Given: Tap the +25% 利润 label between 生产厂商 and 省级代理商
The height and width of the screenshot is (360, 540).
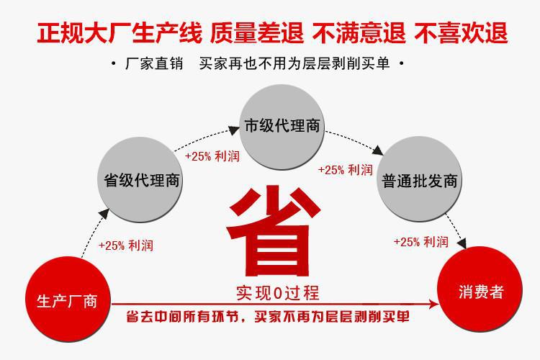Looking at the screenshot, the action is pos(125,246).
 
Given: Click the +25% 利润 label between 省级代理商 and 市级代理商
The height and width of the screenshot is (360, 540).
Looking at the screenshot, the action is pos(212,156).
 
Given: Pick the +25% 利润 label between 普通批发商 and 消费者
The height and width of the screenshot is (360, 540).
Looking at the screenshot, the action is pos(420,242).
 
